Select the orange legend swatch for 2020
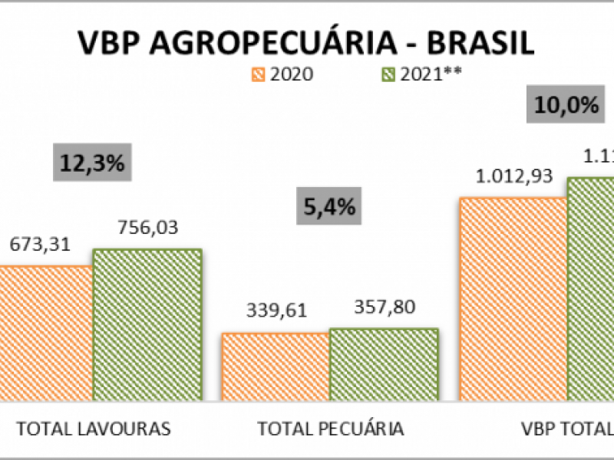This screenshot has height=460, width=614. [x=257, y=74]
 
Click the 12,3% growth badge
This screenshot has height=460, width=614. [x=93, y=163]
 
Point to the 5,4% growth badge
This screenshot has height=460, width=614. [x=328, y=206]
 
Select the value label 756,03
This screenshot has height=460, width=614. [x=148, y=228]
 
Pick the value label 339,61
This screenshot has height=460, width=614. [x=276, y=310]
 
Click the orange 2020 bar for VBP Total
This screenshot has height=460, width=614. [x=513, y=299]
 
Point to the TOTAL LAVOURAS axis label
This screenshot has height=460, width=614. [x=94, y=428]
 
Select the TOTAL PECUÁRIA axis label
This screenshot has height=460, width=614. [x=330, y=428]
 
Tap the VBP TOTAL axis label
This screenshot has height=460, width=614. [x=564, y=428]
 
